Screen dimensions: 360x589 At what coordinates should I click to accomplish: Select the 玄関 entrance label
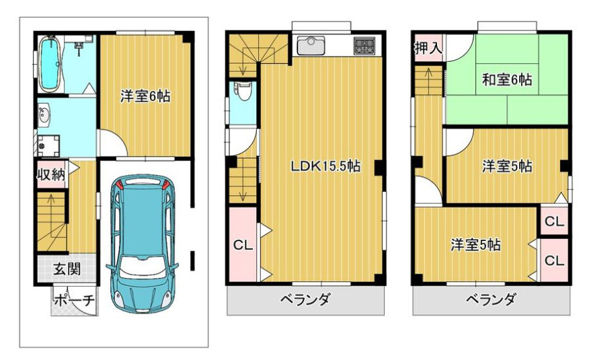point(67,269)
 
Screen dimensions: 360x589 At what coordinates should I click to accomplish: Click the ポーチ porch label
point(75,301)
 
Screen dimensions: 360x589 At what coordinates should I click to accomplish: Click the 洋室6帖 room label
point(145,96)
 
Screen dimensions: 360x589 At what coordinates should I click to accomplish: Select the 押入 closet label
point(428,48)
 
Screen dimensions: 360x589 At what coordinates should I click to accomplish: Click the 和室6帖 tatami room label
point(507,80)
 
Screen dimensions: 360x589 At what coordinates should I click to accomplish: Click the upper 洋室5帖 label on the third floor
point(507,166)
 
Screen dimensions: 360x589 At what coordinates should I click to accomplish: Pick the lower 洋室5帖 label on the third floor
point(475,245)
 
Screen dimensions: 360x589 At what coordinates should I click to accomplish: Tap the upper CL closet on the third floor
point(554,221)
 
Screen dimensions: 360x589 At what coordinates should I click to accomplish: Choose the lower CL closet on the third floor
point(554,260)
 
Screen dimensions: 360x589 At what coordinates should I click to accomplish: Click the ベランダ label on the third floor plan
point(490,299)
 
